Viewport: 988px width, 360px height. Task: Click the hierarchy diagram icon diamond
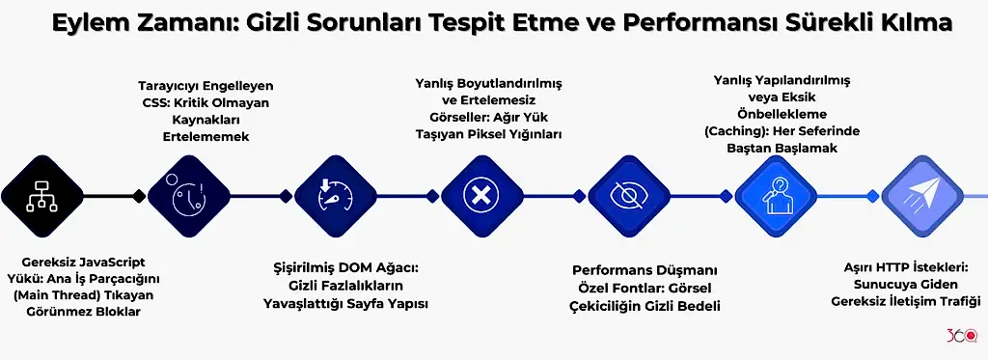click(38, 196)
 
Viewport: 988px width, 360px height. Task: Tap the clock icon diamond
click(187, 196)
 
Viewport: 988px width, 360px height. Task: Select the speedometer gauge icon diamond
click(334, 196)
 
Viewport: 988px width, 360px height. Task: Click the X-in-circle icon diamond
click(480, 196)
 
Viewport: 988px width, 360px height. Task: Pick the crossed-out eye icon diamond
click(628, 196)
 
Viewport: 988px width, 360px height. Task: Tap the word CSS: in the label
click(155, 102)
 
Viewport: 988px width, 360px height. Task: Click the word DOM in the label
click(363, 267)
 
